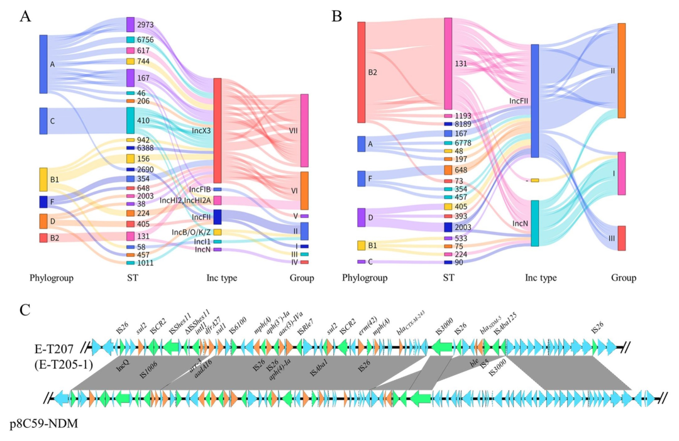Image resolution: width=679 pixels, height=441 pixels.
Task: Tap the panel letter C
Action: coord(25,310)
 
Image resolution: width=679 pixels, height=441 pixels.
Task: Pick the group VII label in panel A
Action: coord(293,132)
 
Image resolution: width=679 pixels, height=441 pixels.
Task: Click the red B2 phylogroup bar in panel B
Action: coord(362,72)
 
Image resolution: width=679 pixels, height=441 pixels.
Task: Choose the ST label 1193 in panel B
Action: coord(462,116)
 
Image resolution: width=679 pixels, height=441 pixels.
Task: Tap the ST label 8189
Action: coord(462,124)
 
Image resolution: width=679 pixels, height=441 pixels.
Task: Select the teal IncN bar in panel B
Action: coord(534,223)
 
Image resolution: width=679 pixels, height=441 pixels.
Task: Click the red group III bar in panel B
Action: coord(621,238)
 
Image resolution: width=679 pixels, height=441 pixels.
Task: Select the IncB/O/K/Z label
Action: coord(191,232)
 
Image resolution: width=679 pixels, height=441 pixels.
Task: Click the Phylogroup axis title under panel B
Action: coord(363,278)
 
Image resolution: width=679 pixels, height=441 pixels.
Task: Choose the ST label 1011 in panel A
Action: coord(145,263)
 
